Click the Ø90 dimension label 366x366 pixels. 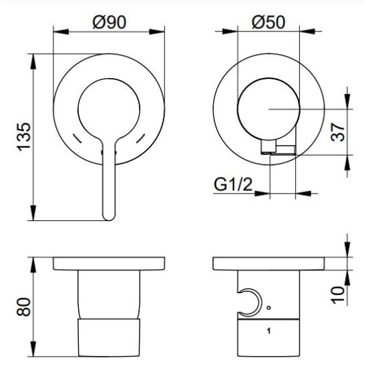110,23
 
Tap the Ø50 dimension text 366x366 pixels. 268,23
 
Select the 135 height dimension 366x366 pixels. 24,136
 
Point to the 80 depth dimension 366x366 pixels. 24,307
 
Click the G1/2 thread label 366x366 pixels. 233,185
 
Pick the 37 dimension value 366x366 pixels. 338,132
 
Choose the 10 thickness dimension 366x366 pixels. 338,295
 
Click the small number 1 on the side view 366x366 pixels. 268,331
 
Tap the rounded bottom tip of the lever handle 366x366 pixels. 109,219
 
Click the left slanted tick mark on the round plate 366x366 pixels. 77,138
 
